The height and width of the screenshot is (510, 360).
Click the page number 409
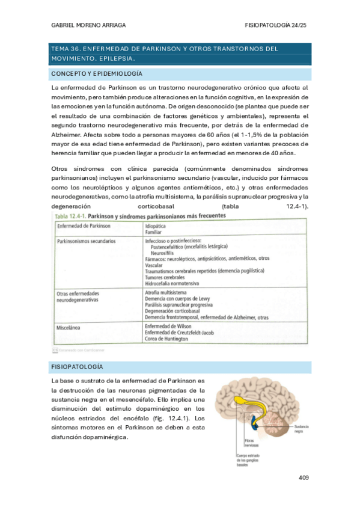[302, 478]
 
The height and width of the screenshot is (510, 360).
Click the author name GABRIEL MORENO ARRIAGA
[88, 25]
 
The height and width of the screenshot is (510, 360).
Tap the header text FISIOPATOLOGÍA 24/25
[276, 25]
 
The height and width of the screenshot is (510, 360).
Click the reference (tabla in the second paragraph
[231, 206]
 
